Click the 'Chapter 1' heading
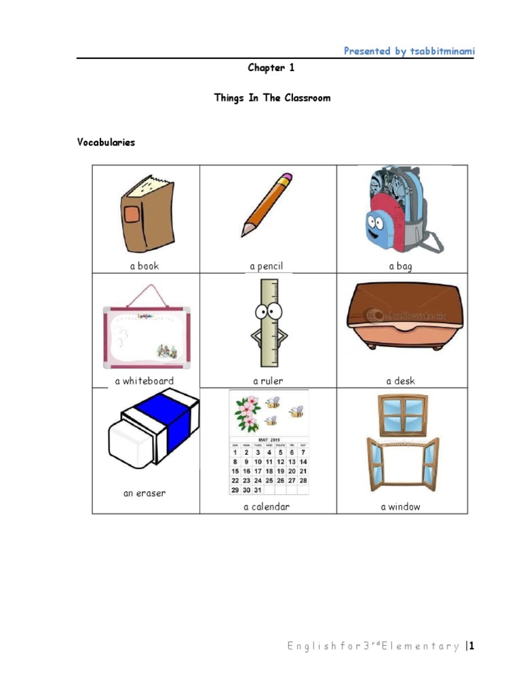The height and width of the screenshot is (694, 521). [271, 68]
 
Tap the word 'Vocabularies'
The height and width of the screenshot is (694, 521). [106, 142]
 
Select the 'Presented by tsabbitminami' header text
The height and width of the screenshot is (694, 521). [408, 51]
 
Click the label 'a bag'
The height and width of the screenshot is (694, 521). [400, 266]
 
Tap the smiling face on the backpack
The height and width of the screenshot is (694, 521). [374, 226]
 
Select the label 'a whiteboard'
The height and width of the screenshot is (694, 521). [144, 381]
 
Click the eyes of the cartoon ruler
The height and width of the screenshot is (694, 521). [269, 312]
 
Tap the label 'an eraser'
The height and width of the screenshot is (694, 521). [144, 493]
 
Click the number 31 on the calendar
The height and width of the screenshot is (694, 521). [257, 490]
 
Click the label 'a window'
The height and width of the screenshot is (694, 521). [400, 507]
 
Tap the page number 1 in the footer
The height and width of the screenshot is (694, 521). [471, 646]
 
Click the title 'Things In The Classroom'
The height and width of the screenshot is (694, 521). [272, 98]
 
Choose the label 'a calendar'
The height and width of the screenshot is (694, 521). [267, 507]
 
